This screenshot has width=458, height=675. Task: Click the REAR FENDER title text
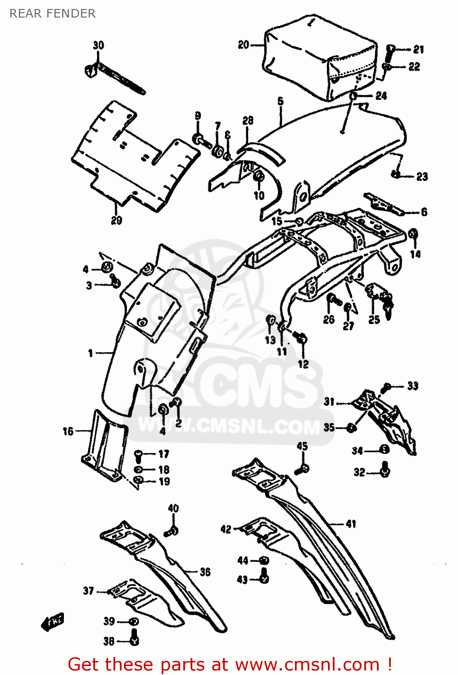[52, 13]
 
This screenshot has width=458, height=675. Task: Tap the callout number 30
[98, 45]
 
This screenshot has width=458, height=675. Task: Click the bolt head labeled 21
[390, 48]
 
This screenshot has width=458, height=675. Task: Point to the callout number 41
[351, 524]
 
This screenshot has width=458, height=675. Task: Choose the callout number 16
[68, 431]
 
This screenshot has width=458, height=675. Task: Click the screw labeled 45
[302, 469]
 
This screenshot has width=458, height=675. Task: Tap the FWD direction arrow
[53, 622]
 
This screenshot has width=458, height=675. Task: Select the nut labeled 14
[413, 234]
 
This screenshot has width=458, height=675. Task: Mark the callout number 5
[280, 101]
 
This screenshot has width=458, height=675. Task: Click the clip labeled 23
[395, 174]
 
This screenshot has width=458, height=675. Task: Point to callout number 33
[413, 386]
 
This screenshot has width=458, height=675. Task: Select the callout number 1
[91, 353]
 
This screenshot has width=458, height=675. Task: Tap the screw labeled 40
[172, 531]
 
